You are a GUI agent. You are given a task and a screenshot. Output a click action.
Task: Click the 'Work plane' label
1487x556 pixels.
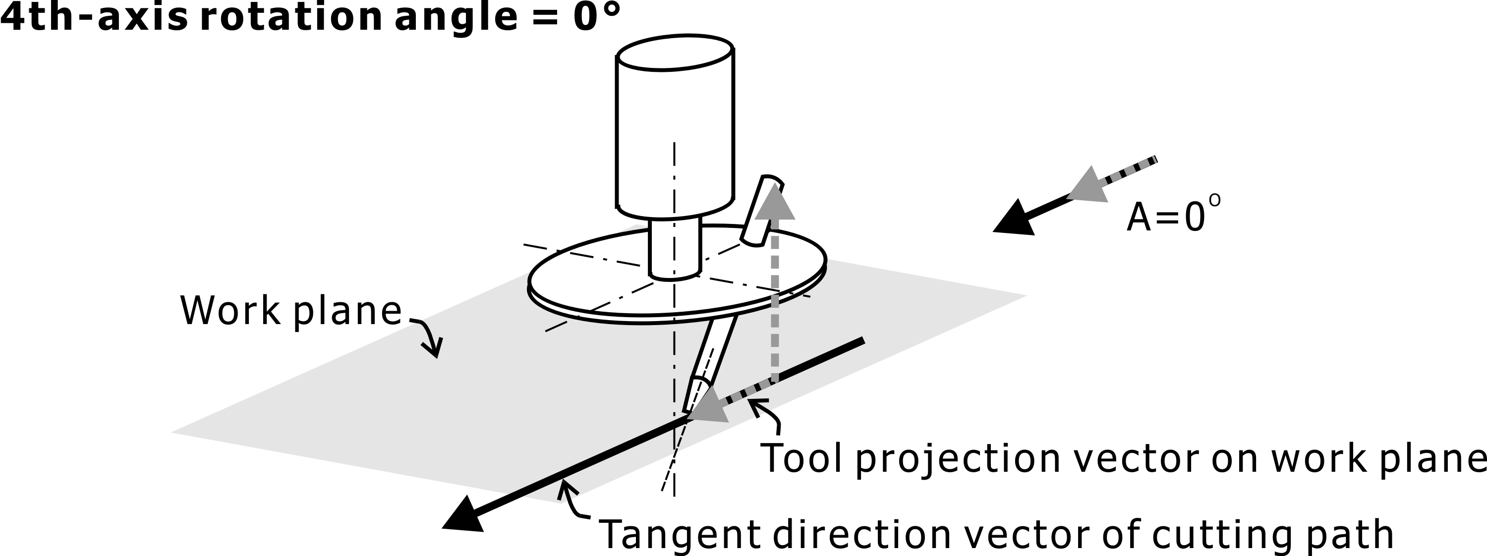coord(290,311)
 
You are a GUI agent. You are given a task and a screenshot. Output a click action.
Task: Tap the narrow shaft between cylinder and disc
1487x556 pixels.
coord(675,248)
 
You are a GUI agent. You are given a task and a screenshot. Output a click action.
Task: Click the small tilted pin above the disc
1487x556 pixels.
coord(761,211)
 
